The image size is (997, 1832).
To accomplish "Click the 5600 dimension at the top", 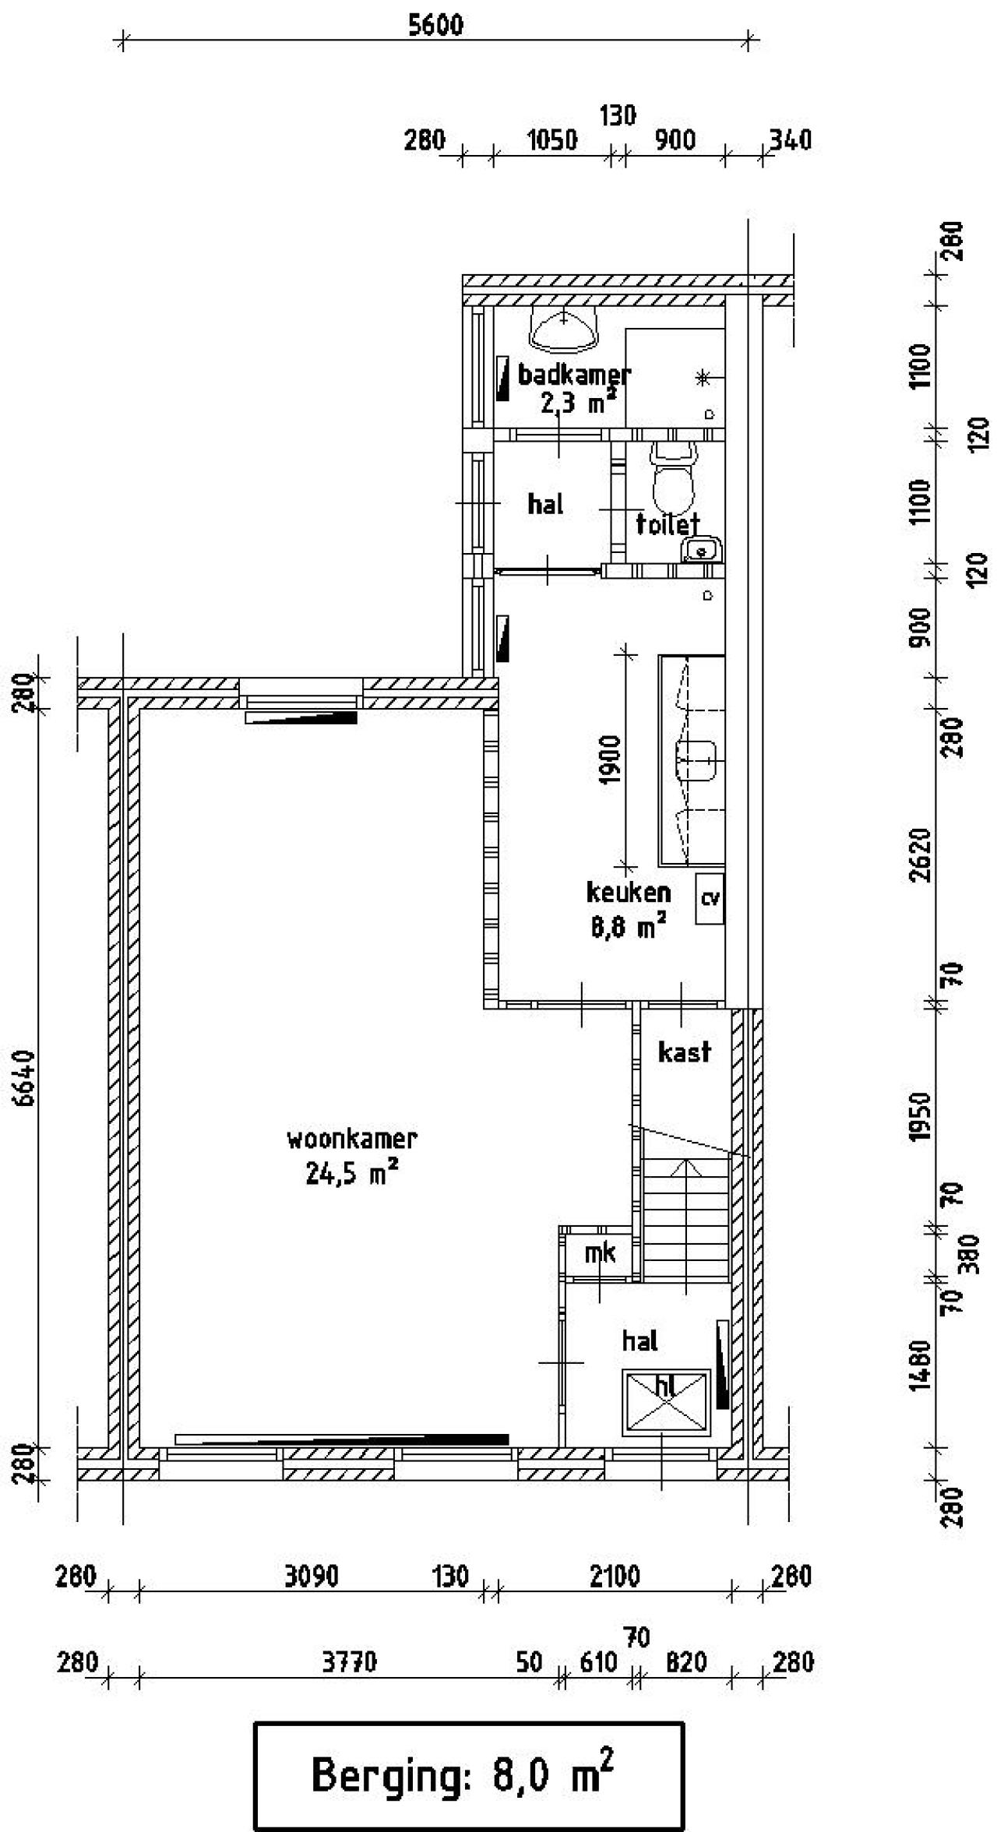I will [435, 25].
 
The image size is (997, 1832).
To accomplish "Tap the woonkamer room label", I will [352, 1139].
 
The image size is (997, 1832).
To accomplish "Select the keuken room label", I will [628, 891].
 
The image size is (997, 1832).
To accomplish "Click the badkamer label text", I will [574, 375].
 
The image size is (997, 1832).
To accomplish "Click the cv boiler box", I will [710, 898].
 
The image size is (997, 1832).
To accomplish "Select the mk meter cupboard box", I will [600, 1252].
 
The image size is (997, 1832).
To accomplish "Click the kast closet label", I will [684, 1052].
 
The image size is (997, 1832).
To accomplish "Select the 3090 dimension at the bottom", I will [311, 1577].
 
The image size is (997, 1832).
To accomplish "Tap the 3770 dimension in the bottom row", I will [349, 1662].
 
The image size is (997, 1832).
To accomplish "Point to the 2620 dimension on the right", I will [921, 854].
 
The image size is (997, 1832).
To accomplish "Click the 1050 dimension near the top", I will [552, 141].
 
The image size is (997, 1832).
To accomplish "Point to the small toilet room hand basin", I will [703, 550].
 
